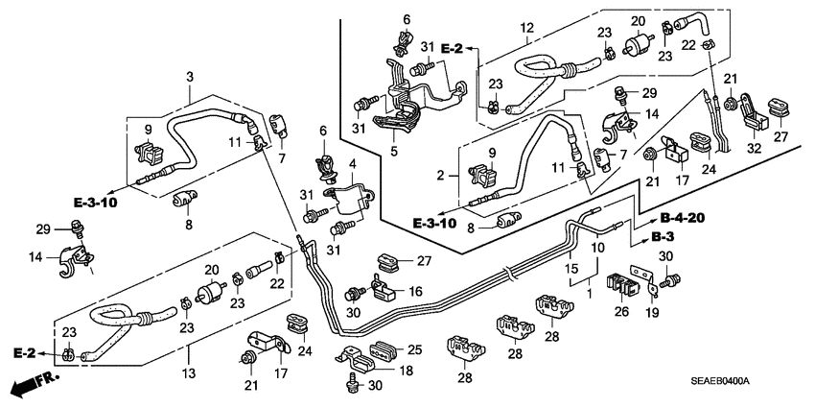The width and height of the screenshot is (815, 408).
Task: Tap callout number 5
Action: point(393,150)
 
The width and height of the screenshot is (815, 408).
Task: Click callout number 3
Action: point(189,76)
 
